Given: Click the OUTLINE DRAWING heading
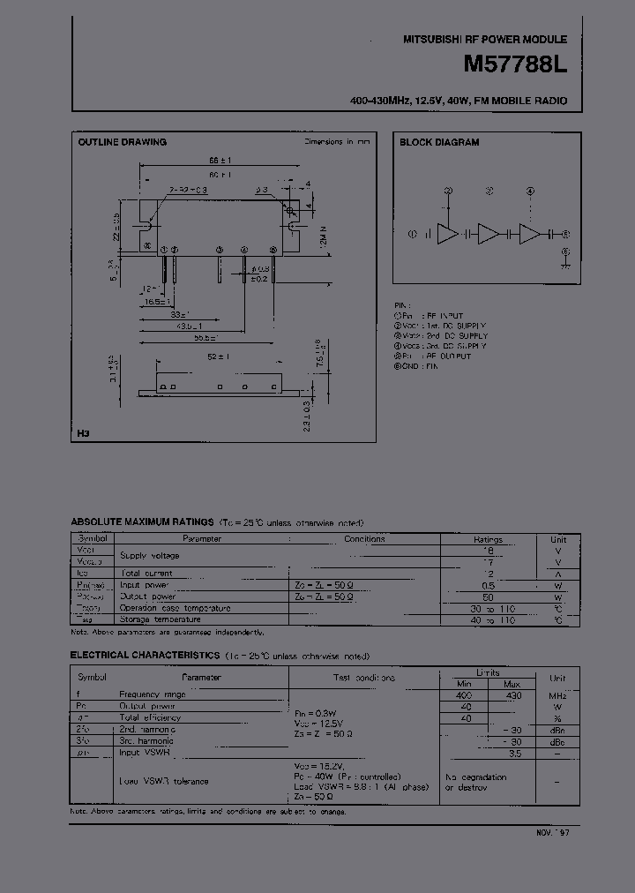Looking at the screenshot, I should point(122,142).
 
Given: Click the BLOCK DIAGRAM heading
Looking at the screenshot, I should point(439,142).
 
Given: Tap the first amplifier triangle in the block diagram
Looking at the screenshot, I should point(449,234).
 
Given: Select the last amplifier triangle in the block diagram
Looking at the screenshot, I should point(529,234).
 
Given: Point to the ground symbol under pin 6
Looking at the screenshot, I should point(566,263).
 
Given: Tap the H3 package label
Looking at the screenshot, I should point(84,434).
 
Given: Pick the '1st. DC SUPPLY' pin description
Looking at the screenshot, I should point(456,326).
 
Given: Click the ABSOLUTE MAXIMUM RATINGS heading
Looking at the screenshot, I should point(142,522).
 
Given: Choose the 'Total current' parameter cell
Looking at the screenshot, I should point(146,573).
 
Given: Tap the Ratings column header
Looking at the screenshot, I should point(488,539).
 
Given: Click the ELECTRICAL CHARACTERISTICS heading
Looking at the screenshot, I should point(145,656).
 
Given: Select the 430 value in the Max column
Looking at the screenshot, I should point(512,695).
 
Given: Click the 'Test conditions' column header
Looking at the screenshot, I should point(364,678).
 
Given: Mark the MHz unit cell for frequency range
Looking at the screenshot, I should point(557,695).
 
